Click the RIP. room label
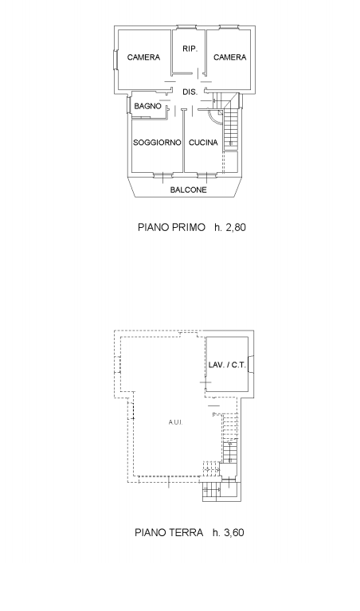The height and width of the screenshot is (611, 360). tap(190, 49)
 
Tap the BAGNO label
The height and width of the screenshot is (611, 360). tap(147, 106)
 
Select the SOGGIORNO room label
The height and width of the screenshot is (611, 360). tap(157, 143)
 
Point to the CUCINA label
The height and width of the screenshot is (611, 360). tap(203, 143)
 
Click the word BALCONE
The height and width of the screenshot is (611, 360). tap(188, 190)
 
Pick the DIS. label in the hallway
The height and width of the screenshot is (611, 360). tap(190, 92)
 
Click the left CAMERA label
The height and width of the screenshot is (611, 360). tap(143, 57)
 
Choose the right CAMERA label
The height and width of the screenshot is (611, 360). tap(230, 57)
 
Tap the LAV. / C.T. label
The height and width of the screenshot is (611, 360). tap(227, 365)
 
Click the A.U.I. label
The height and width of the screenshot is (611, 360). tap(176, 422)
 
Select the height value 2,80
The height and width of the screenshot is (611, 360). tap(236, 227)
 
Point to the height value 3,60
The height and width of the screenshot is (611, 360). tap(234, 532)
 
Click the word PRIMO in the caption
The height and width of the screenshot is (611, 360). tap(188, 227)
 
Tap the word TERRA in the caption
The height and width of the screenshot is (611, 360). tap(186, 532)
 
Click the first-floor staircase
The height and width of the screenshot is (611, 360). tap(230, 122)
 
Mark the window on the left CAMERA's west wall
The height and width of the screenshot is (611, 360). tap(115, 61)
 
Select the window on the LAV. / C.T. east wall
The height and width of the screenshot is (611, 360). tap(252, 365)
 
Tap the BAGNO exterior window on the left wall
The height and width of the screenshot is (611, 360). tap(127, 104)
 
